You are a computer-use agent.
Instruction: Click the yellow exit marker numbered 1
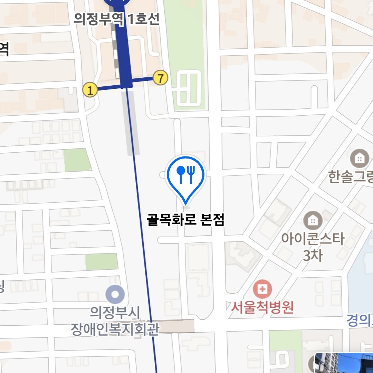[90, 91]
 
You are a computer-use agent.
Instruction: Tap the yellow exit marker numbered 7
[160, 78]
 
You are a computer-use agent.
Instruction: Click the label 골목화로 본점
[186, 220]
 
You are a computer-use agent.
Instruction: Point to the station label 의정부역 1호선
[117, 19]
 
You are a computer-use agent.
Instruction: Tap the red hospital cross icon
[262, 289]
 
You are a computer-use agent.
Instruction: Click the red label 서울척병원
[262, 307]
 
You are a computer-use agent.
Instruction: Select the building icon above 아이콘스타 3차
[313, 220]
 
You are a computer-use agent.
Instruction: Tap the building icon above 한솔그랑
[360, 159]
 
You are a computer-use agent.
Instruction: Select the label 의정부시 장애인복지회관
[115, 322]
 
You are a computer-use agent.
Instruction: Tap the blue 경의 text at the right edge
[360, 321]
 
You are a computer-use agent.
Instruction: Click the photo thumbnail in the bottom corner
[344, 363]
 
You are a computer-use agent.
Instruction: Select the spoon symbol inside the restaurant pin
[181, 174]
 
